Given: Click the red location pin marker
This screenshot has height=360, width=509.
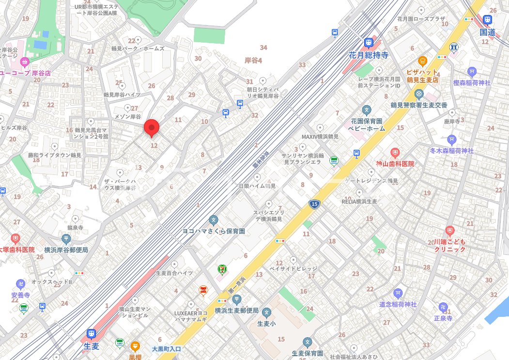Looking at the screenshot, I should point(152,128).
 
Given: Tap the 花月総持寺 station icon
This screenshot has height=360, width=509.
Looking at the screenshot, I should point(369,43).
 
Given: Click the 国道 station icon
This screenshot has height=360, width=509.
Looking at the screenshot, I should point(487,20).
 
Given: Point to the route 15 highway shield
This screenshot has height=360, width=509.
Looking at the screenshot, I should point(314,205).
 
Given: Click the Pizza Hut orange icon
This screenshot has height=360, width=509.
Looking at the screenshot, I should point(422,61).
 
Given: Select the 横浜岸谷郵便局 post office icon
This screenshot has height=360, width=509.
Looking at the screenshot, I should point(66,238).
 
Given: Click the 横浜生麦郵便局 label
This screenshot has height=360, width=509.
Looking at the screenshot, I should point(236,310).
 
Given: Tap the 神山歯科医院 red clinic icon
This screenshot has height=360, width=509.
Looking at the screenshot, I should point(395,153).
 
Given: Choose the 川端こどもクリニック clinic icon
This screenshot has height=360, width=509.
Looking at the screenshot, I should point(450,230).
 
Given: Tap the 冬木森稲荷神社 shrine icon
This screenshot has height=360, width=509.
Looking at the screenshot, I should point(452,140).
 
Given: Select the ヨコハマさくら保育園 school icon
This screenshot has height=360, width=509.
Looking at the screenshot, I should point(214,220).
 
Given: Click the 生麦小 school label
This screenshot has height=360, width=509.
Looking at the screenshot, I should point(266,324).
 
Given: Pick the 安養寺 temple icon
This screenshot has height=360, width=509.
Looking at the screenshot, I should point(21,283).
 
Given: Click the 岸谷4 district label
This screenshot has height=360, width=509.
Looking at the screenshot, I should point(253,61).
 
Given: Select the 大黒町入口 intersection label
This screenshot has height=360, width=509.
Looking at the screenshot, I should point(166,348).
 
